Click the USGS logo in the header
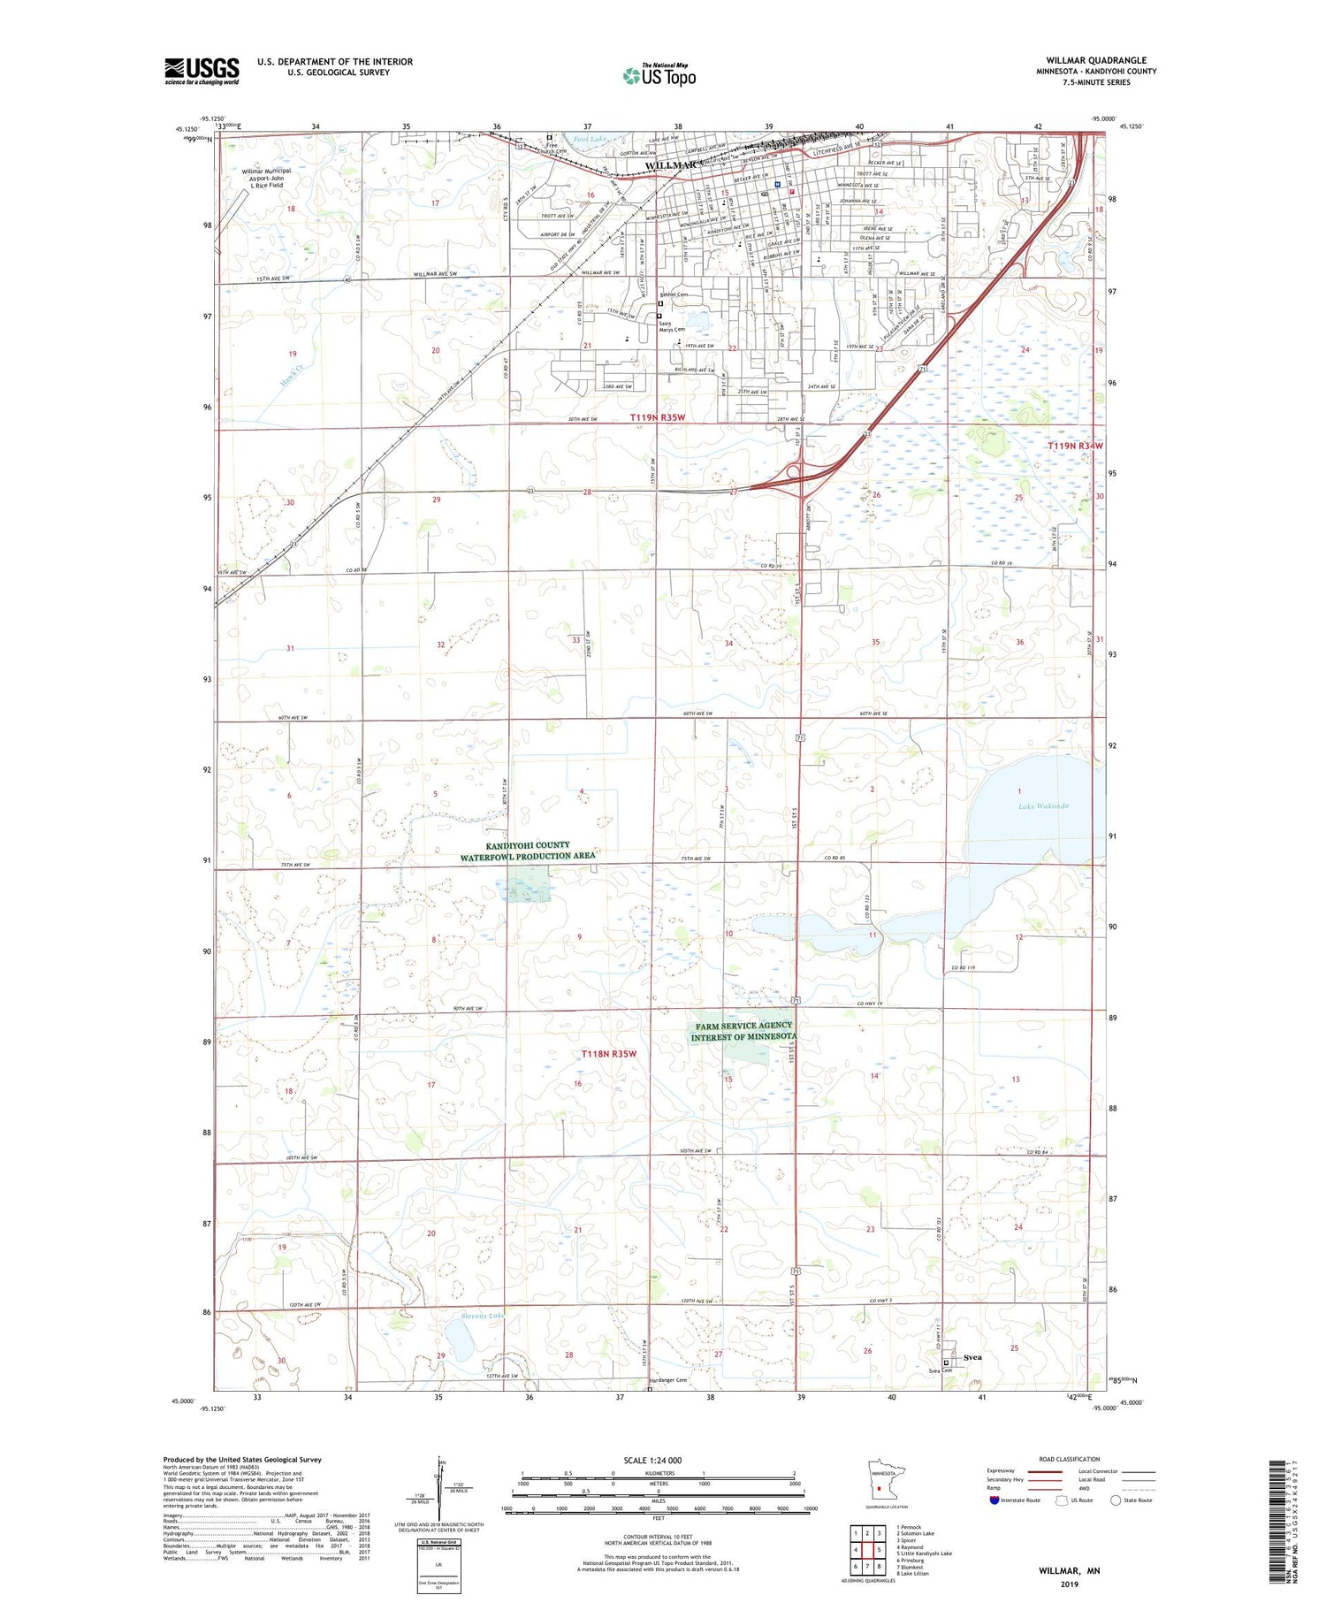coord(202,71)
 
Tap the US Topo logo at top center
coord(659,75)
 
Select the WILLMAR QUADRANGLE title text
coord(1096,61)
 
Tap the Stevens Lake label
coord(482,1317)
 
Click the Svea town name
coord(972,1356)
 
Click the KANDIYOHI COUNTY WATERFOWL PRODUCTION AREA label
coord(527,851)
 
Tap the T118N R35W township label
coord(609,1054)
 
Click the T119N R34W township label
coord(1076,447)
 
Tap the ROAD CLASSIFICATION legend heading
coord(1070,1459)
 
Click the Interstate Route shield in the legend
coord(994,1500)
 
